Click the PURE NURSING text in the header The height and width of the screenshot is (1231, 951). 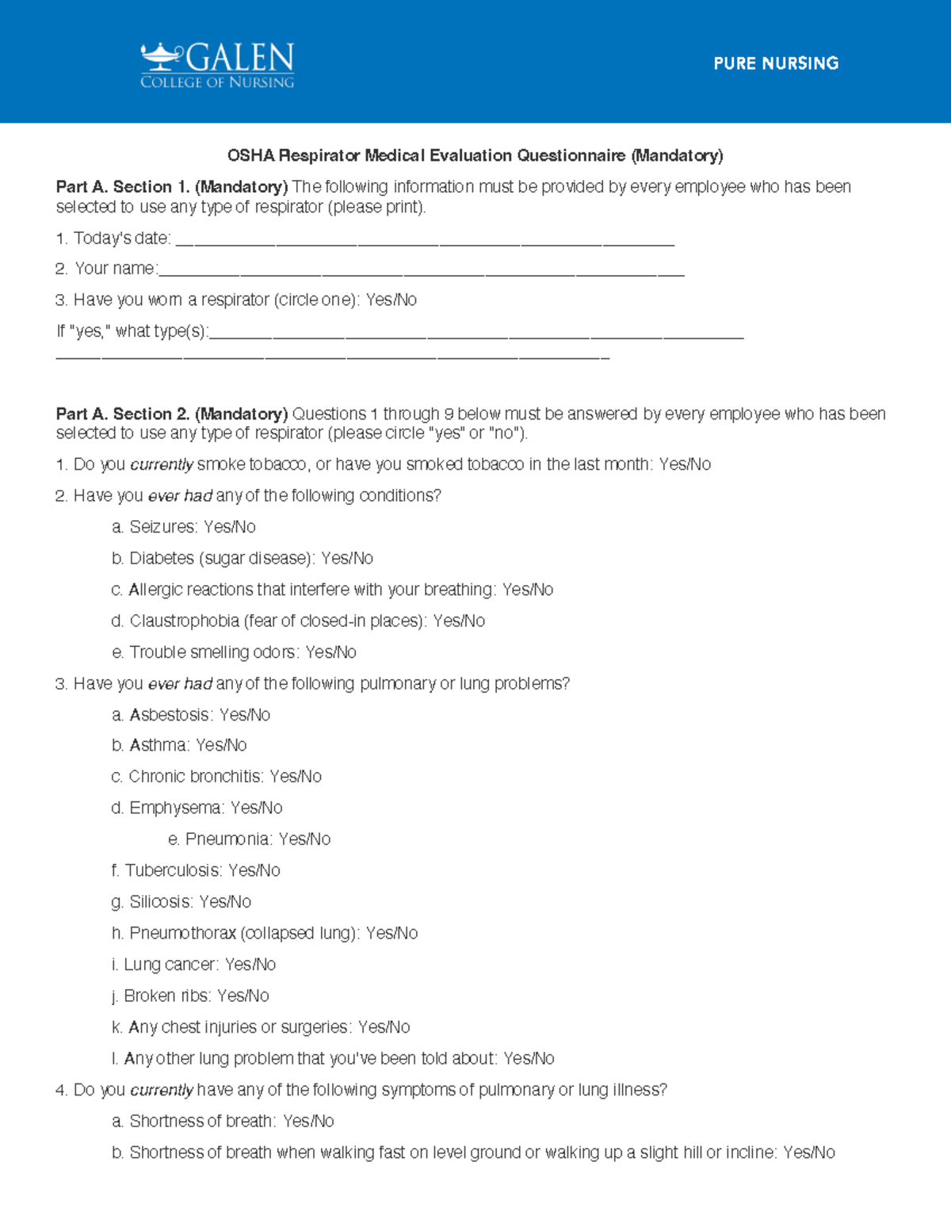[x=776, y=63]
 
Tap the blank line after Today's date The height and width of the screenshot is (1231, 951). [x=425, y=240]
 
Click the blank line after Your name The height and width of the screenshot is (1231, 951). [x=421, y=270]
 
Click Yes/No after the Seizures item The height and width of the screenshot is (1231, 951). [x=229, y=527]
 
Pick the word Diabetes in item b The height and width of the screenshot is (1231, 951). [x=162, y=558]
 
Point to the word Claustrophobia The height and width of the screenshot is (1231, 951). [x=184, y=621]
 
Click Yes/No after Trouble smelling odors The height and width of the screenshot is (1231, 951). [x=330, y=652]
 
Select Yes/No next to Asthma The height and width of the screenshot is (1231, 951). [x=221, y=745]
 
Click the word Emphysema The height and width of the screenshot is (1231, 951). [x=175, y=808]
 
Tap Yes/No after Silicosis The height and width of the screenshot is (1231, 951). [x=225, y=902]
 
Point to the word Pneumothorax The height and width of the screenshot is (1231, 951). [x=182, y=933]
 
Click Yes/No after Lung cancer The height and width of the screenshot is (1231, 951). [x=250, y=965]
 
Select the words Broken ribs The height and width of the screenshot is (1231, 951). [x=166, y=996]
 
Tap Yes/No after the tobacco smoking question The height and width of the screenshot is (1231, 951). [x=685, y=464]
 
